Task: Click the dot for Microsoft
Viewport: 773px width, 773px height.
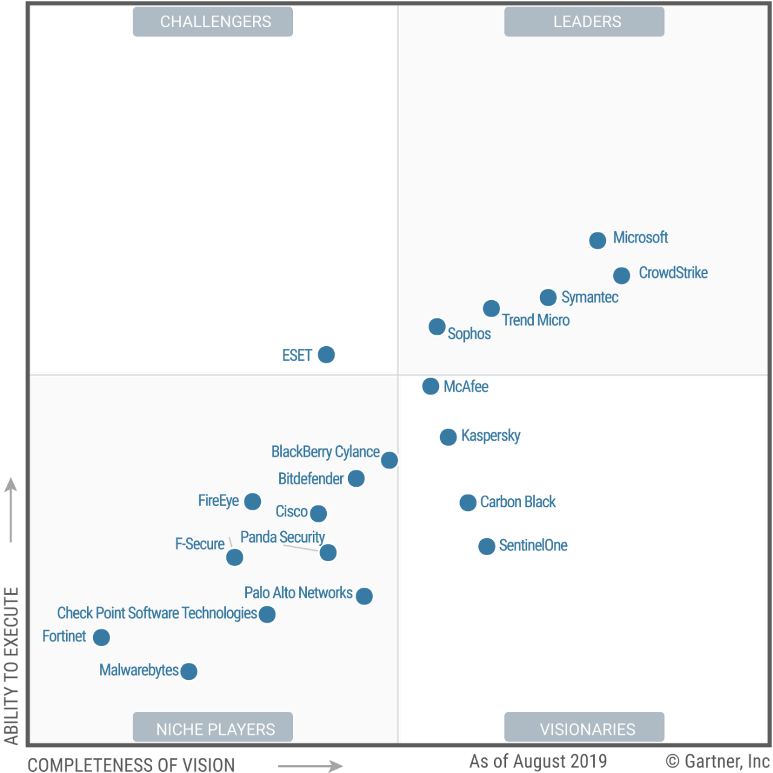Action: tap(597, 240)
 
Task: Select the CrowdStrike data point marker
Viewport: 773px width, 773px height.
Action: tap(622, 275)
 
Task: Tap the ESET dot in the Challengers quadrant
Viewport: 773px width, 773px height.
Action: tap(326, 355)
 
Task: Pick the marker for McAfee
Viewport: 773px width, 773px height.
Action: tap(430, 386)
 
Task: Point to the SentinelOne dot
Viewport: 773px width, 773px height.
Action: tap(487, 547)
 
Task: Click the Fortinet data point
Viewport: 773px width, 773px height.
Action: tap(101, 637)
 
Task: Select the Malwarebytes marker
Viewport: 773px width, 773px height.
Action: tap(189, 671)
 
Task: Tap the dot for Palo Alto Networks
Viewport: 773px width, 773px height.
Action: tap(364, 596)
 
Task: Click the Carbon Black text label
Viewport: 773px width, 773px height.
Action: tap(518, 502)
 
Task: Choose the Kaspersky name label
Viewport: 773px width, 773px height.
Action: tap(490, 436)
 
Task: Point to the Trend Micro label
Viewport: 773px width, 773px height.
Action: tap(536, 320)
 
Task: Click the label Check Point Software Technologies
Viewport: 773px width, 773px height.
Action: tap(157, 613)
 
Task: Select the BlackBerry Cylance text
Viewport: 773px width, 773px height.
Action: tap(325, 452)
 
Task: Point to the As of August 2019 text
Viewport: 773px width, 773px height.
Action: tap(538, 761)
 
